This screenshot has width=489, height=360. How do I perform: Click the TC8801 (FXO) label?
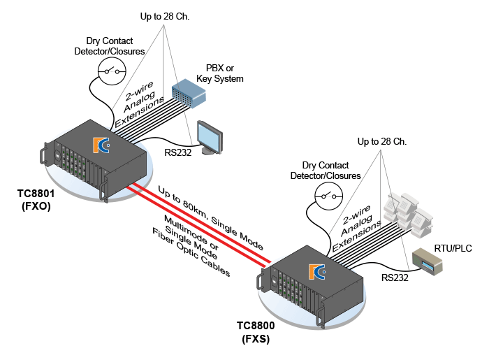click(36, 200)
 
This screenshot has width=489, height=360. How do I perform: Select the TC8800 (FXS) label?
click(256, 332)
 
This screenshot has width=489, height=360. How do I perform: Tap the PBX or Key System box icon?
click(189, 93)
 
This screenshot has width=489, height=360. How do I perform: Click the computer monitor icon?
click(210, 137)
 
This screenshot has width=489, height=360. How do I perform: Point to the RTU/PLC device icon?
click(428, 261)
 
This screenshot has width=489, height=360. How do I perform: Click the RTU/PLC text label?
click(453, 248)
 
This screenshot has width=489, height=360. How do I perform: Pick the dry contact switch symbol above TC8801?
click(112, 71)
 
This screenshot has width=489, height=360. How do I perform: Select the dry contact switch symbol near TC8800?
click(329, 196)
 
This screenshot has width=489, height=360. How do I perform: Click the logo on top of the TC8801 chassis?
click(101, 145)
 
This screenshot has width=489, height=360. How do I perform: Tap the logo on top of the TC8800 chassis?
click(317, 272)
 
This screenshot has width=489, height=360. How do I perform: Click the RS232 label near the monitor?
click(177, 152)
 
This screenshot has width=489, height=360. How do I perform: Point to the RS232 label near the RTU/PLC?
click(395, 278)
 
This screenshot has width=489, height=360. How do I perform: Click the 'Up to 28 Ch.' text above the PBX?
click(165, 16)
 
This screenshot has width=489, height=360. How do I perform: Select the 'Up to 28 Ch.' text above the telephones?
click(382, 142)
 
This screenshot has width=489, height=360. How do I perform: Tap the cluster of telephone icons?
click(408, 215)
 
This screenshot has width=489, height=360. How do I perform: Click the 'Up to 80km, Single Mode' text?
click(211, 218)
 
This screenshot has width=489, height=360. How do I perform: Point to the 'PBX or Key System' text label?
click(220, 73)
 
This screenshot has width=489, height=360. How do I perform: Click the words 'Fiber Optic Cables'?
click(191, 252)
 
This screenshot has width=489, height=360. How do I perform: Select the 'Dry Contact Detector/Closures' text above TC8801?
click(110, 46)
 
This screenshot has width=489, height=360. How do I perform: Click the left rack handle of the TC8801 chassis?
click(44, 154)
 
